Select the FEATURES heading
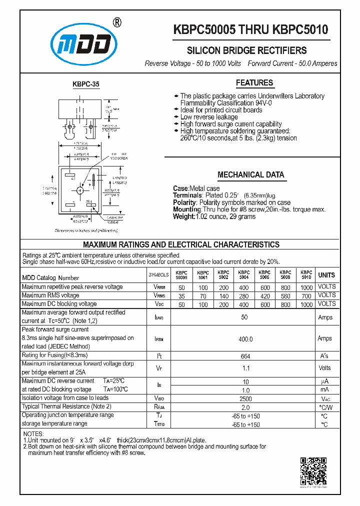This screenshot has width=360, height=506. pyautogui.click(x=254, y=83)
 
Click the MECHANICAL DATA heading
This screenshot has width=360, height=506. pyautogui.click(x=251, y=175)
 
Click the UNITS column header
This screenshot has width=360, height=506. pyautogui.click(x=327, y=275)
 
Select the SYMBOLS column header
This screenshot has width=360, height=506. pyautogui.click(x=159, y=275)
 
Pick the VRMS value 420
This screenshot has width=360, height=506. pyautogui.click(x=264, y=295)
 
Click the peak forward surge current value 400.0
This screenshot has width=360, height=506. pyautogui.click(x=245, y=339)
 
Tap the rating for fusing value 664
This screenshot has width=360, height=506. pyautogui.click(x=245, y=356)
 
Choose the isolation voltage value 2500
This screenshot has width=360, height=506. pyautogui.click(x=245, y=398)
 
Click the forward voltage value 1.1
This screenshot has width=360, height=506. pyautogui.click(x=245, y=368)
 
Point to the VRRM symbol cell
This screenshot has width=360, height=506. pyautogui.click(x=159, y=287)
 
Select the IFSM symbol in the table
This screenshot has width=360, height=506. pyautogui.click(x=159, y=339)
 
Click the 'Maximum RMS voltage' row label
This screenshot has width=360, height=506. pyautogui.click(x=50, y=295)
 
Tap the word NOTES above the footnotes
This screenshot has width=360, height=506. pyautogui.click(x=33, y=433)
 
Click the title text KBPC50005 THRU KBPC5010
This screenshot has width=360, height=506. pyautogui.click(x=251, y=30)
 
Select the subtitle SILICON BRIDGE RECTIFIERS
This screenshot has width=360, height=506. pyautogui.click(x=246, y=50)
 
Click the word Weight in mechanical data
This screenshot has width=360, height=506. pyautogui.click(x=183, y=216)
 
